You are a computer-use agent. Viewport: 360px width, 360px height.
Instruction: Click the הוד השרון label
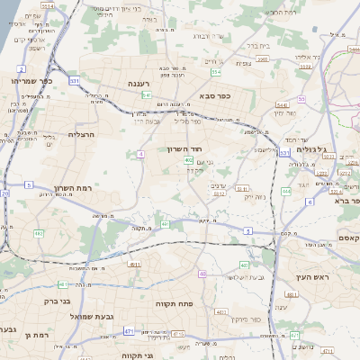tap(184, 149)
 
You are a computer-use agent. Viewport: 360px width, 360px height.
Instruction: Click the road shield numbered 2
tap(21, 68)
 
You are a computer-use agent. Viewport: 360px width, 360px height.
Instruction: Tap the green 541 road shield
tap(146, 94)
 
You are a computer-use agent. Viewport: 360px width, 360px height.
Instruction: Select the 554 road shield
tap(215, 71)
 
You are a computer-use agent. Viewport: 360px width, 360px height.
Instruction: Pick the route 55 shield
tap(301, 99)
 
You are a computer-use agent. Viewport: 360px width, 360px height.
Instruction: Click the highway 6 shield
tap(310, 202)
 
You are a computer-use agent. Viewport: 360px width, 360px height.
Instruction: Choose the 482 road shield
tap(39, 233)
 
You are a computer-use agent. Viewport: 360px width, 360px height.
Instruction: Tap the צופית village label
tap(244, 63)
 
